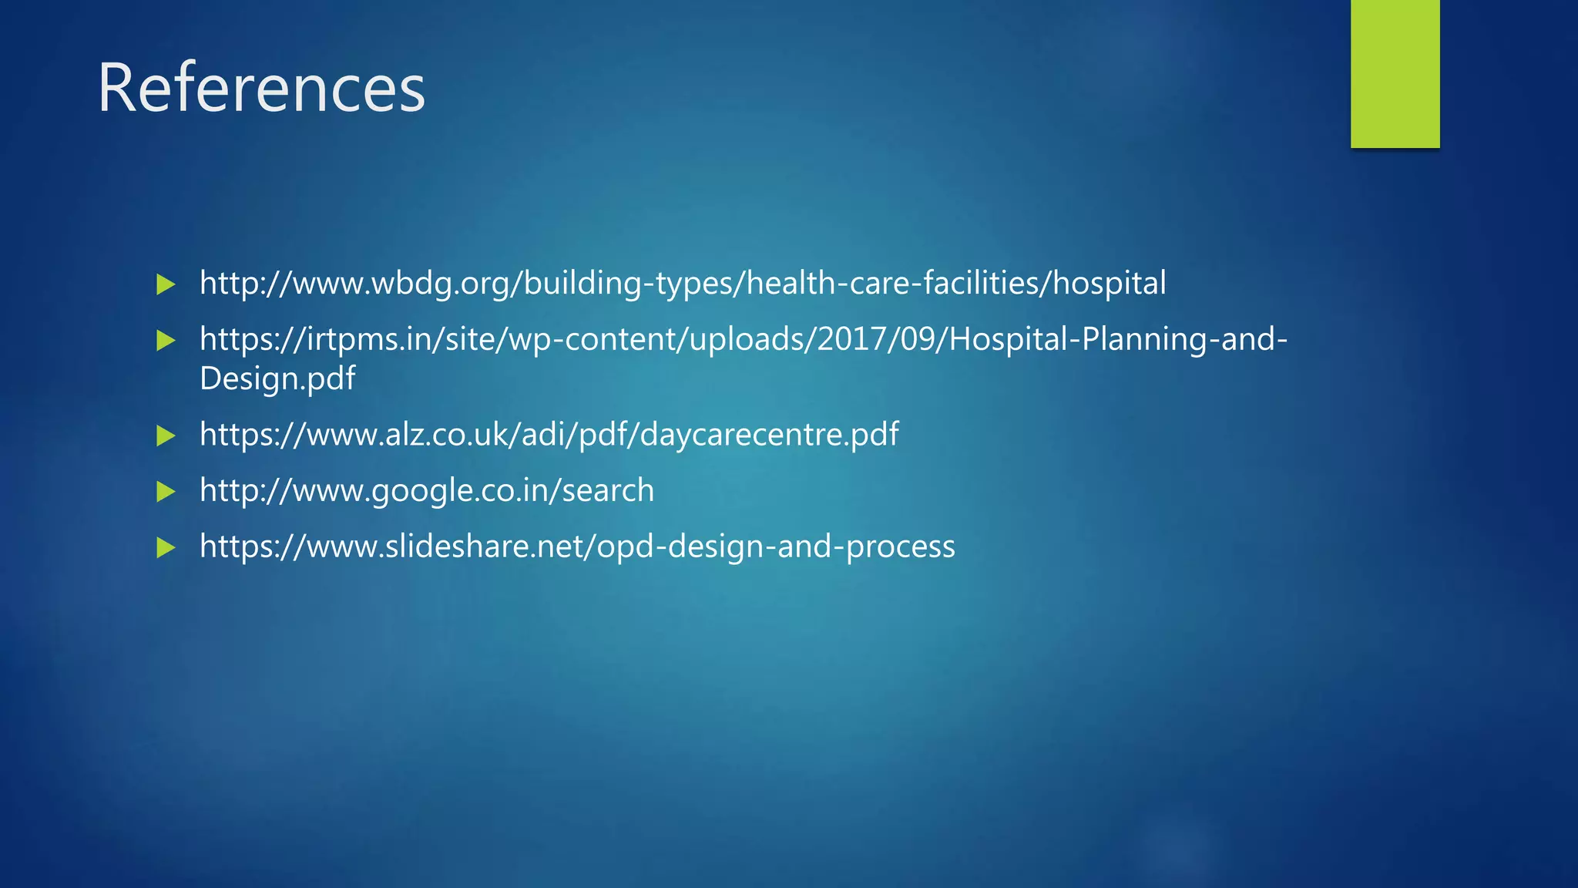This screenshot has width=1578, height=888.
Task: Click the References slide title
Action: pyautogui.click(x=260, y=88)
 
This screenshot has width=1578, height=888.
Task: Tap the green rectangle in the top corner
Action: pyautogui.click(x=1395, y=73)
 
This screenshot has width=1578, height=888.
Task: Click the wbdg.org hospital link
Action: pyautogui.click(x=682, y=284)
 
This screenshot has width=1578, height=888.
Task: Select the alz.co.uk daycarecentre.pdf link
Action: pyautogui.click(x=549, y=435)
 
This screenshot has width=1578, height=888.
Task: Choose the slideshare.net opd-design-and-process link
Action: pyautogui.click(x=577, y=547)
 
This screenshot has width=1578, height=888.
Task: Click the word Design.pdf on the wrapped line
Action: pyautogui.click(x=277, y=378)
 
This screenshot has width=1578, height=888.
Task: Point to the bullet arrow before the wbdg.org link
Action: pyautogui.click(x=166, y=284)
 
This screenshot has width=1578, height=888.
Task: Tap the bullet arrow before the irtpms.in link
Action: pyautogui.click(x=166, y=341)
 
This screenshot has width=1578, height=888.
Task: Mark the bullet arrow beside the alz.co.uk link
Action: pyautogui.click(x=166, y=436)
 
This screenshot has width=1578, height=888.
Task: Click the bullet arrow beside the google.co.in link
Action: pyautogui.click(x=166, y=492)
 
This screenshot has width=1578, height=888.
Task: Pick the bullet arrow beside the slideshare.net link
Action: pyautogui.click(x=166, y=548)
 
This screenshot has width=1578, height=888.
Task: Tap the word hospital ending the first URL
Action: pyautogui.click(x=1109, y=284)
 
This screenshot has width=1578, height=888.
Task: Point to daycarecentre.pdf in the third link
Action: pyautogui.click(x=769, y=435)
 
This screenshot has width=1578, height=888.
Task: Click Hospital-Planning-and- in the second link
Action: pyautogui.click(x=1118, y=339)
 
